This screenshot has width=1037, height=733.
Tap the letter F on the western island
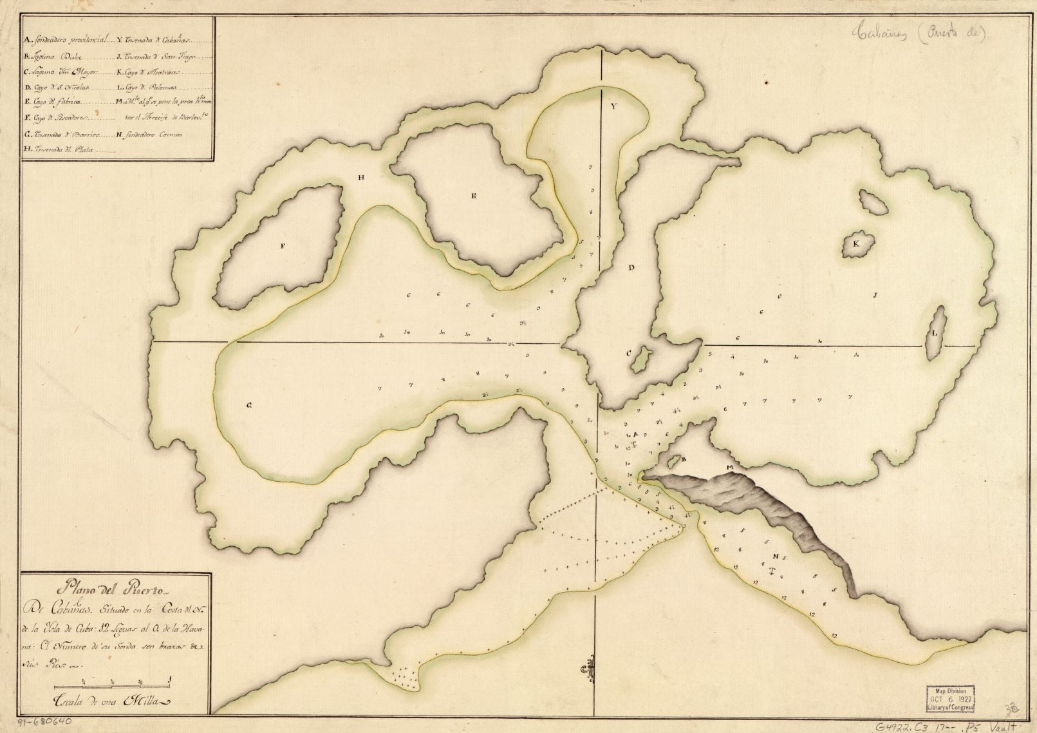282,245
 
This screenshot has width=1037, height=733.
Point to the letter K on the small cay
855,244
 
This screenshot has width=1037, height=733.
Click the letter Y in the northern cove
613,108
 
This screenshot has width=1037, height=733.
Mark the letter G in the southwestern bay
248,405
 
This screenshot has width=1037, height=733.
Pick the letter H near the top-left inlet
362,180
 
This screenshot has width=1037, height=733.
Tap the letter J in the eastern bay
875,296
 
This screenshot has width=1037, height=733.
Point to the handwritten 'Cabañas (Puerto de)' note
920,34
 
